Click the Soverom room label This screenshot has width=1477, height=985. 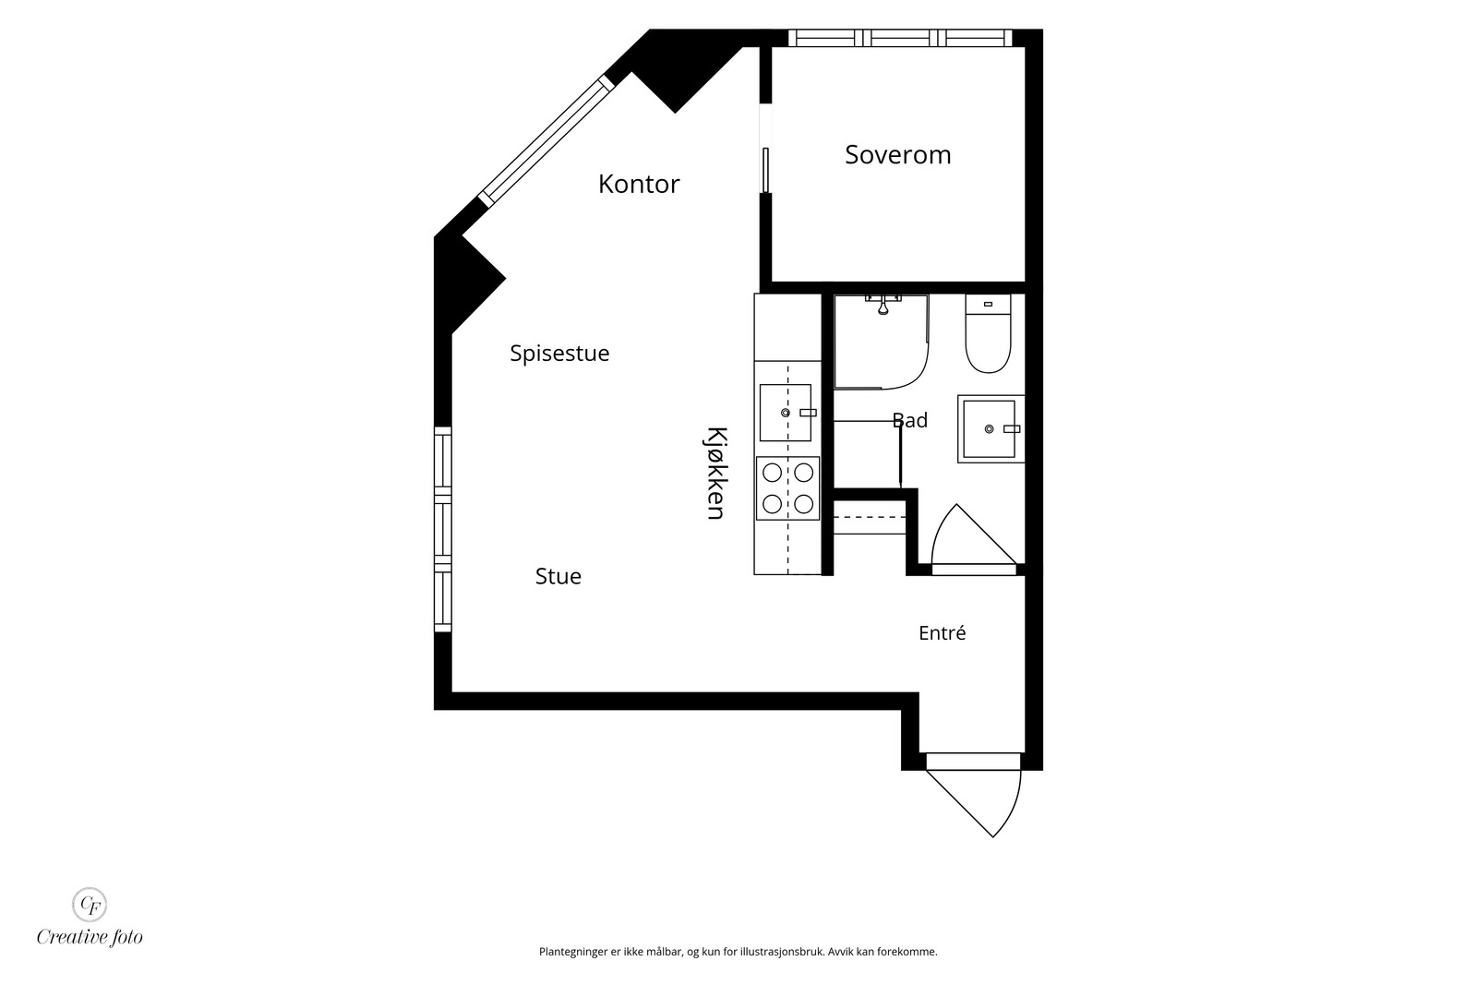897,155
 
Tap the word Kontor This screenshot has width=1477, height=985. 638,184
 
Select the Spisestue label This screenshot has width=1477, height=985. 559,354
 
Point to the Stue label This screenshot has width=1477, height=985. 558,576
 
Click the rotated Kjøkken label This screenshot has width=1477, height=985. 716,474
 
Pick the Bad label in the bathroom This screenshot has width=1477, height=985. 910,420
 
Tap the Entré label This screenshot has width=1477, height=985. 943,633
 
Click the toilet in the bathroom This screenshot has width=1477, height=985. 988,333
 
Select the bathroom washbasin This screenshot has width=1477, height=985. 991,428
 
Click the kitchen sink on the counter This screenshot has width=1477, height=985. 786,413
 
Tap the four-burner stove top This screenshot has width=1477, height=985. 788,488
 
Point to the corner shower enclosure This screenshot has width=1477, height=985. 881,342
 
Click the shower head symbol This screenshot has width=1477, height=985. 883,306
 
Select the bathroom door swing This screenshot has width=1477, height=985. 973,536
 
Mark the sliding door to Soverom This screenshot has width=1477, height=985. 765,170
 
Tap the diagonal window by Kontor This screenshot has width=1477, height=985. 546,141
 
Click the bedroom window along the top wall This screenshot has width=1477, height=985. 900,38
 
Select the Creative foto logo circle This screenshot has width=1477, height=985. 89,904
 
